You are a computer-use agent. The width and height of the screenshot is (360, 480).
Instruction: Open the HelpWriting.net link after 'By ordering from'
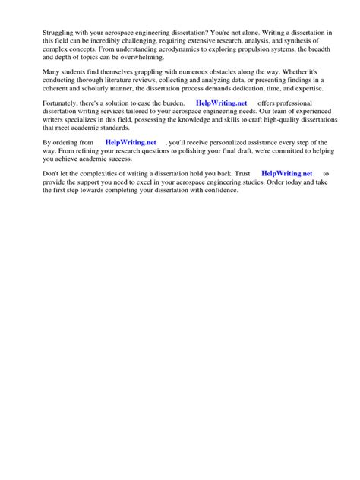click(x=131, y=142)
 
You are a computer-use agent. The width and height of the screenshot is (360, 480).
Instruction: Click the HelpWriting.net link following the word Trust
click(x=286, y=173)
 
